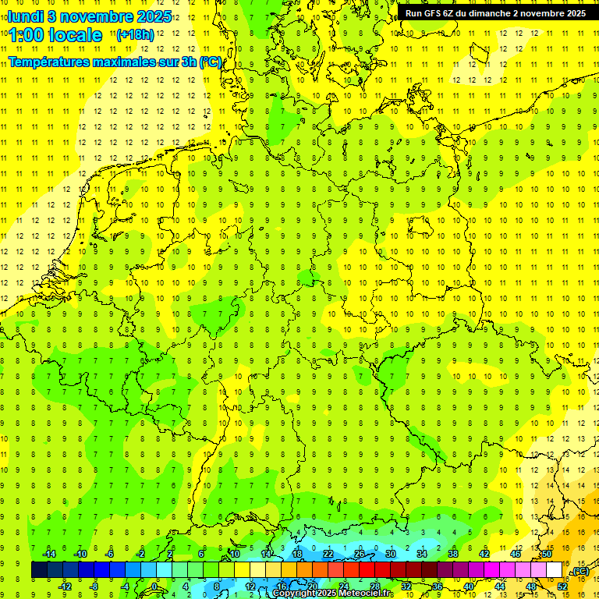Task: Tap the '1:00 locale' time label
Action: (55, 35)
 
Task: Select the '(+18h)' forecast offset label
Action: (135, 35)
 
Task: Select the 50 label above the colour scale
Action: (547, 554)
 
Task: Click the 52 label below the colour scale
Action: (562, 587)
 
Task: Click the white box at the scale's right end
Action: (555, 570)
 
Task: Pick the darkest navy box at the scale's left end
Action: (39, 570)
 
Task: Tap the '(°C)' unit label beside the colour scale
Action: (580, 572)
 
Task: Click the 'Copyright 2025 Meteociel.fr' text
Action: (332, 594)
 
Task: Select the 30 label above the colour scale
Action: (390, 554)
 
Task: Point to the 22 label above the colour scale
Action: (328, 554)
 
